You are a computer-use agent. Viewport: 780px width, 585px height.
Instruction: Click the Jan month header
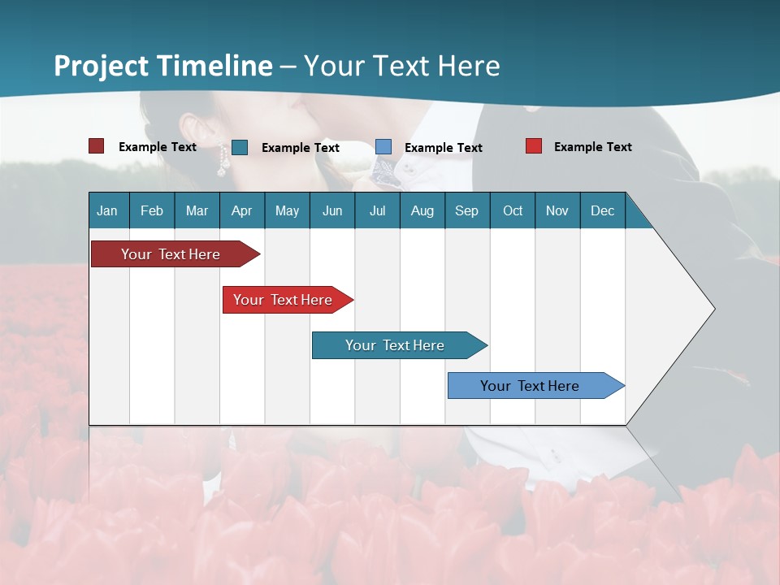pyautogui.click(x=107, y=210)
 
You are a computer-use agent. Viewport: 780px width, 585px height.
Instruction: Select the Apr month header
pyautogui.click(x=241, y=210)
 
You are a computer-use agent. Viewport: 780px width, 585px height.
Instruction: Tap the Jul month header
pyautogui.click(x=377, y=210)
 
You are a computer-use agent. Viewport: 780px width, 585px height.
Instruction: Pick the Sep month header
pyautogui.click(x=466, y=210)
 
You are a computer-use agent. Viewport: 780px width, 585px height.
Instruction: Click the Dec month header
pyautogui.click(x=602, y=210)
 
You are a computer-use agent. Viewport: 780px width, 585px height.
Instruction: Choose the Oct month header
pyautogui.click(x=512, y=210)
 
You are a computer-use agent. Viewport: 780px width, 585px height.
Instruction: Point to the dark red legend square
pyautogui.click(x=96, y=146)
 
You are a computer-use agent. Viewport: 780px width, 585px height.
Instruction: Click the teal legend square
pyautogui.click(x=240, y=147)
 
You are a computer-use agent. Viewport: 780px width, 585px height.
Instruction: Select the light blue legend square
pyautogui.click(x=383, y=147)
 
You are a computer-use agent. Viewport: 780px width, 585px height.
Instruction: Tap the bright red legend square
pyautogui.click(x=533, y=146)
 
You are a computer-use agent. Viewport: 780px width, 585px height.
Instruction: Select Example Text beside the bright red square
pyautogui.click(x=592, y=147)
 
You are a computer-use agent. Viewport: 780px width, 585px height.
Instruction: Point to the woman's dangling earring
pyautogui.click(x=221, y=165)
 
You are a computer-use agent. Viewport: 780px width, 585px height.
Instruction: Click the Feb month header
pyautogui.click(x=152, y=210)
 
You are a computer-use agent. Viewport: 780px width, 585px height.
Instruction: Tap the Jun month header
pyautogui.click(x=331, y=210)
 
